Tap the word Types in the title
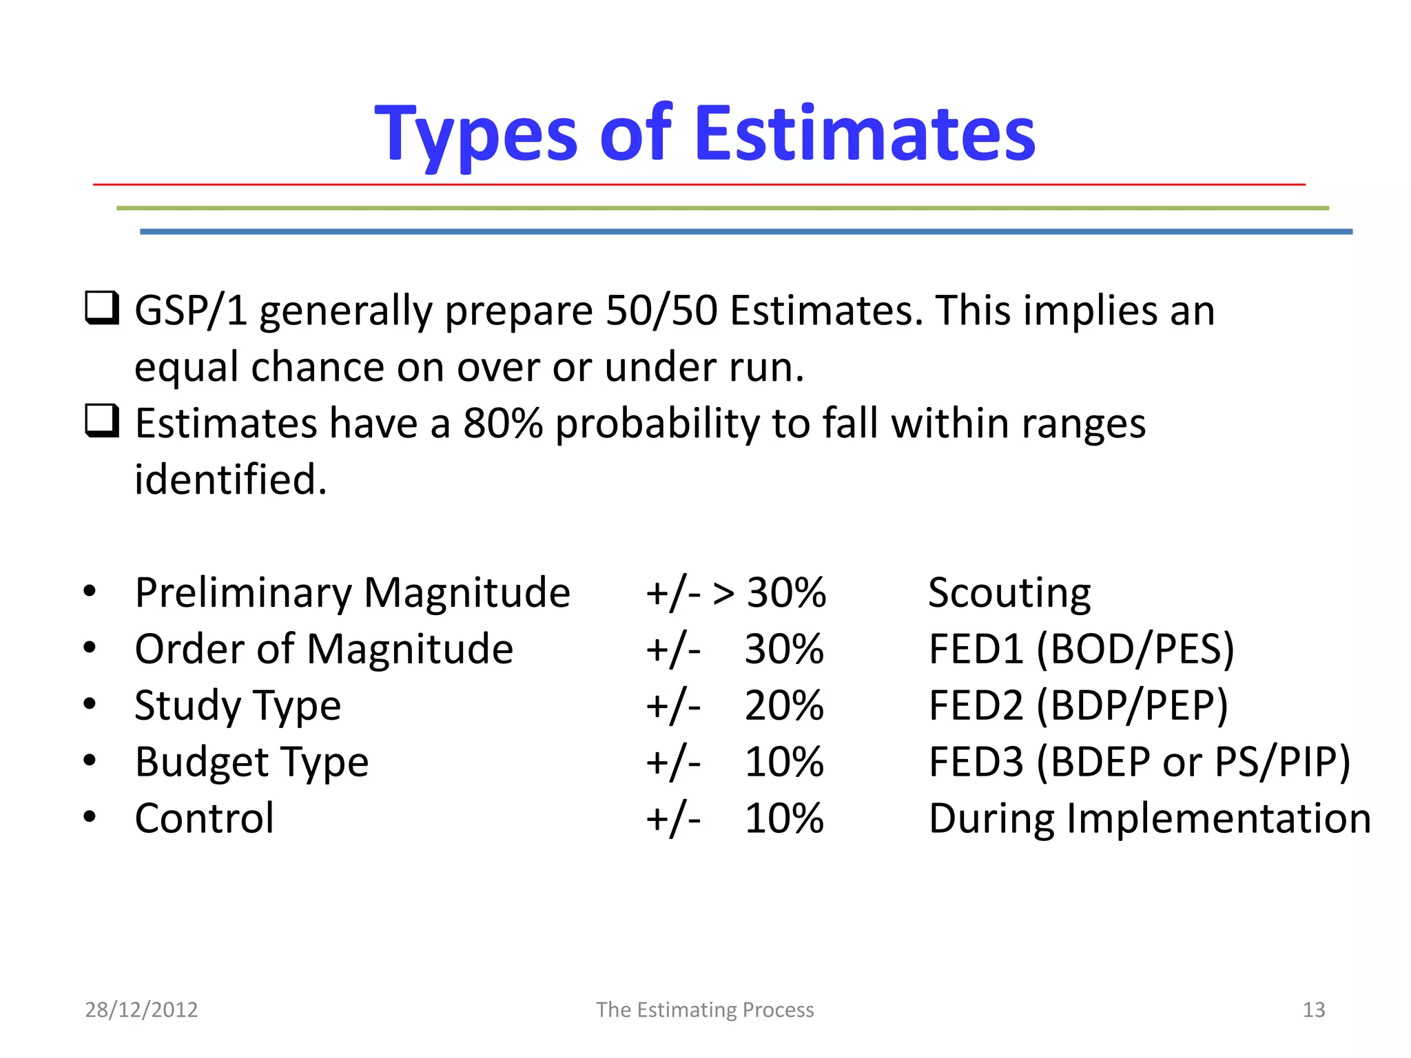(x=476, y=134)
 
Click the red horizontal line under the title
(x=699, y=185)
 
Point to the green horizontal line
(x=722, y=207)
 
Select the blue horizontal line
(x=745, y=231)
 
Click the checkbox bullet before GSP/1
(x=102, y=308)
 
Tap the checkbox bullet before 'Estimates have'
(x=102, y=421)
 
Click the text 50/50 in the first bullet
(x=661, y=311)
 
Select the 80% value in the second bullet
(x=503, y=423)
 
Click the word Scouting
(x=1009, y=593)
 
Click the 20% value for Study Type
(x=784, y=706)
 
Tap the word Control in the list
(x=205, y=818)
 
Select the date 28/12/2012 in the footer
(x=141, y=1010)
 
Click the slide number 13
(x=1313, y=1010)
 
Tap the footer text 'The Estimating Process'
(x=705, y=1010)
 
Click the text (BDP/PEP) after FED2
(x=1132, y=706)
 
